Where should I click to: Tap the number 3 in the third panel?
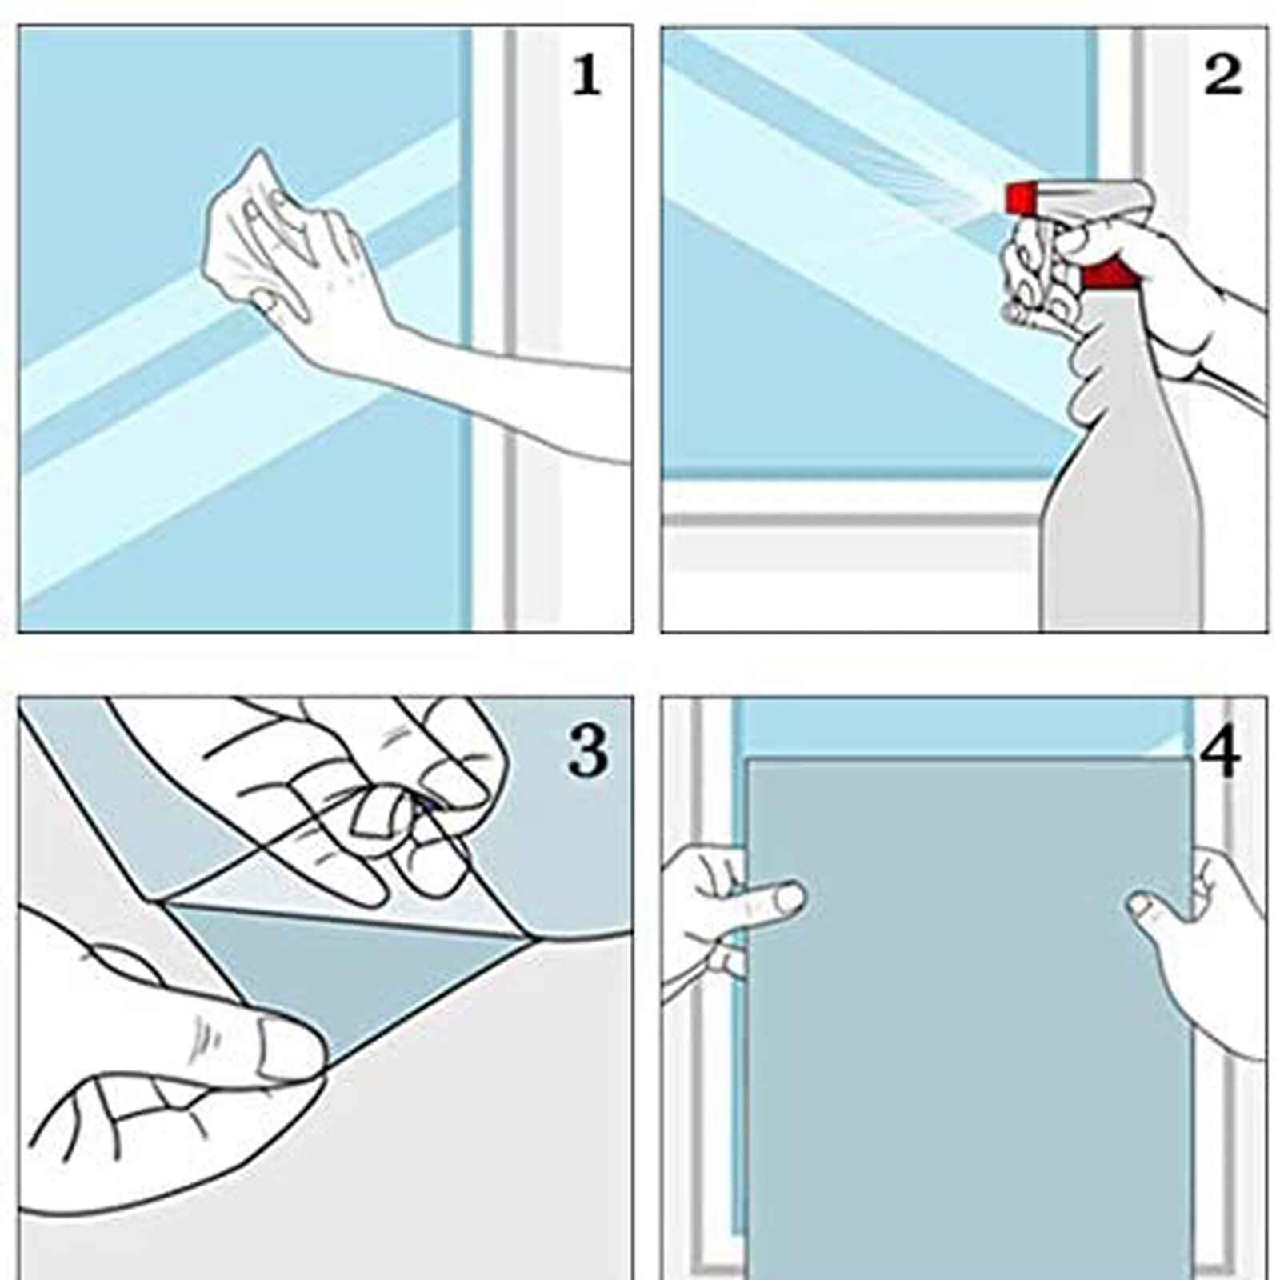[x=588, y=751]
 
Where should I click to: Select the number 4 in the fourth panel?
[x=1221, y=753]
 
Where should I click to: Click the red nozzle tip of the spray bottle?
[x=1018, y=198]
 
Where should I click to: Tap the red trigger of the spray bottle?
[x=1108, y=274]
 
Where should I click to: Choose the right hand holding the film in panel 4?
[x=1200, y=960]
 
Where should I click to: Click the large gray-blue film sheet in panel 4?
[x=968, y=1040]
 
